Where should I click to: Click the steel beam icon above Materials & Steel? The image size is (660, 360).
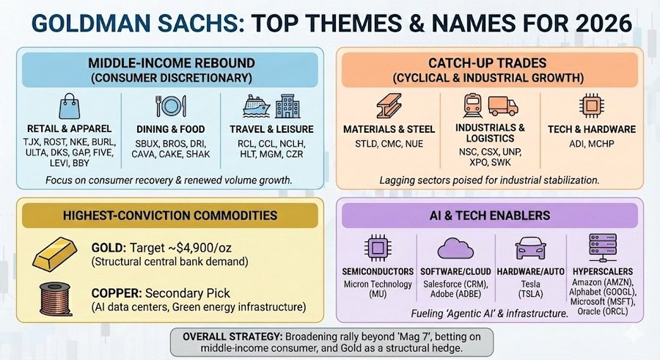[389, 107]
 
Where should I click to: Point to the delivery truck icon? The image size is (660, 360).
[502, 107]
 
